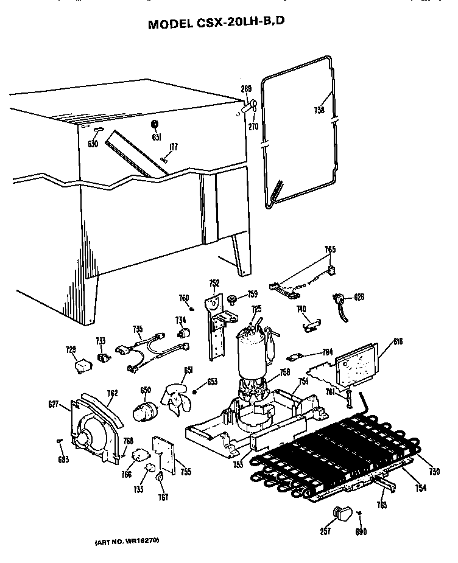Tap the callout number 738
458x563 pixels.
tap(319, 110)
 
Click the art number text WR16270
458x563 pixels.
tap(127, 542)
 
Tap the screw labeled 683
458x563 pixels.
tap(59, 441)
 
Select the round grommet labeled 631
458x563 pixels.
tap(155, 125)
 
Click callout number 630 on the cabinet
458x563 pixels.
tap(93, 144)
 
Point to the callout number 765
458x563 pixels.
tap(329, 250)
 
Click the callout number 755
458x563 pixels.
tap(185, 471)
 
